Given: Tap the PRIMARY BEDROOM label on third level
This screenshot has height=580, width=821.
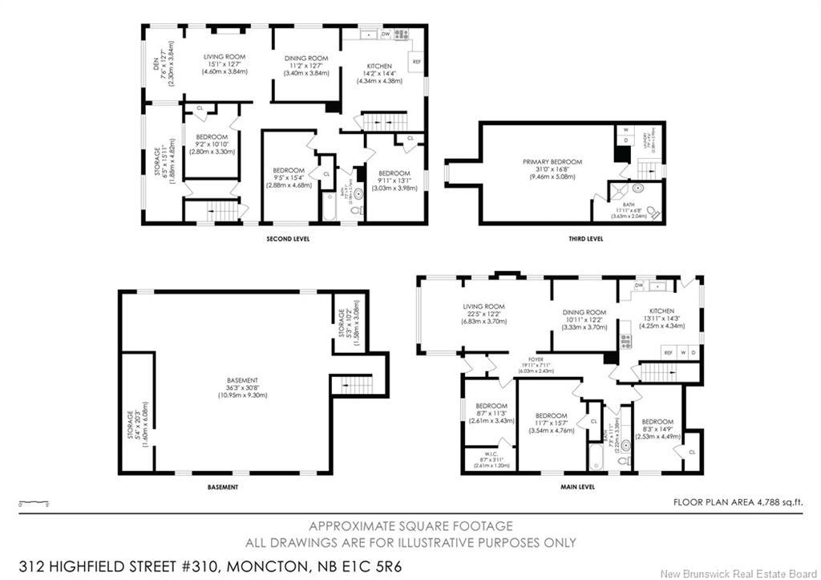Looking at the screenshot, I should click(552, 162).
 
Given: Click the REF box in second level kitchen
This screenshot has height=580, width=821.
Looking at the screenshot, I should click(416, 62).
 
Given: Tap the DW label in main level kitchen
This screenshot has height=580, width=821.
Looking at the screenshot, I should click(639, 286).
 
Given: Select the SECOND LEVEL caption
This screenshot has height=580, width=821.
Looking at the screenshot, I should click(289, 239).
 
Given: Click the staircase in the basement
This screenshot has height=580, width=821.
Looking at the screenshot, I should click(353, 384).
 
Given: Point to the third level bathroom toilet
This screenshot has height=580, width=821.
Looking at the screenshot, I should click(652, 212).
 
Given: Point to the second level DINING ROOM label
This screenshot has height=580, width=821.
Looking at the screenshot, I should click(306, 58).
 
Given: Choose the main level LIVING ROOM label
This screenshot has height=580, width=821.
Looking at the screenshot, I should click(483, 306).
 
